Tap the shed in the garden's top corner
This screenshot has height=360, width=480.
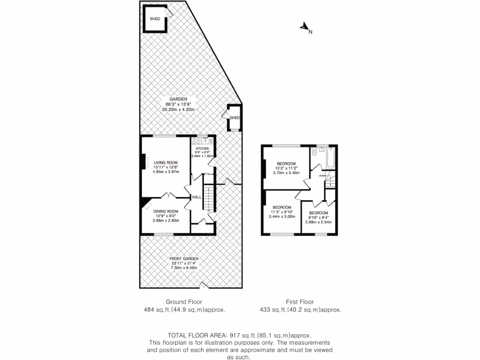(155, 19)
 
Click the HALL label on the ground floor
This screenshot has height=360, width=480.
(197, 197)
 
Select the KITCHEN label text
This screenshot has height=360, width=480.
(202, 149)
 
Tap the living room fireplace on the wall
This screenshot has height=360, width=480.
(142, 162)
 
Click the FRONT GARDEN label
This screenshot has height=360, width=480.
(184, 259)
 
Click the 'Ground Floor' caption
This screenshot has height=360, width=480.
(184, 302)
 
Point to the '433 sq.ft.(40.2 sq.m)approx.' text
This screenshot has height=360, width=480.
(300, 310)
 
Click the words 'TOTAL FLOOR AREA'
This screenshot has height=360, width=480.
(197, 336)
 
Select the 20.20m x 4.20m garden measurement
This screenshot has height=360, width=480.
(178, 109)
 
